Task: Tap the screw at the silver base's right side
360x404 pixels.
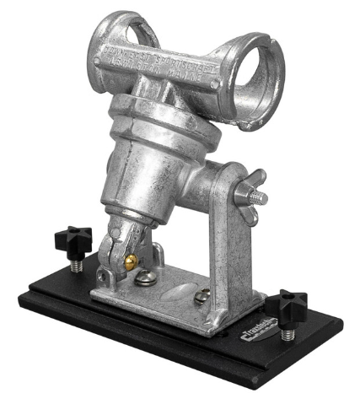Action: coord(202,296)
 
